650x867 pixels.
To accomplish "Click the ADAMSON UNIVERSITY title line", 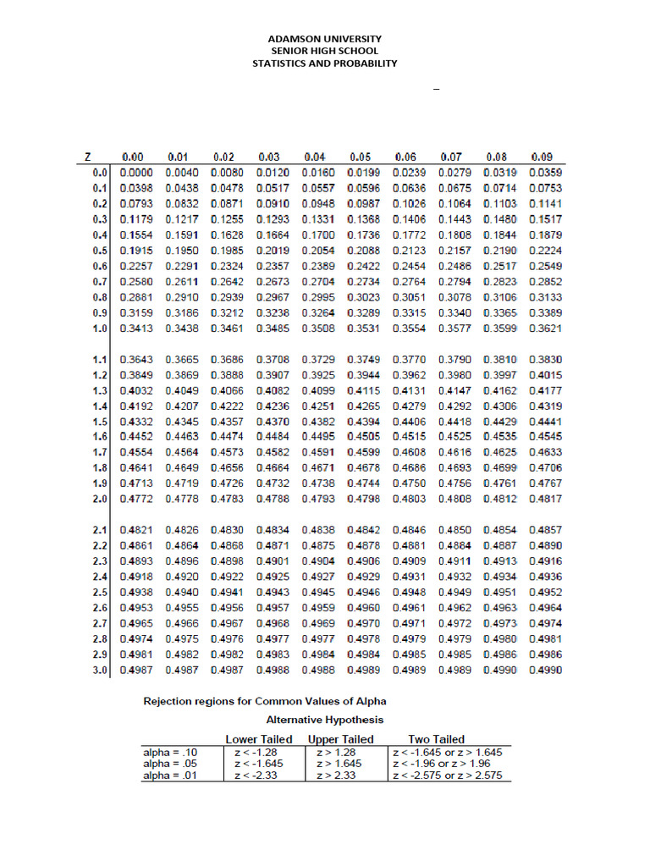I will tap(325, 39).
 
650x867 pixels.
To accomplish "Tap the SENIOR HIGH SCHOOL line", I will tap(325, 51).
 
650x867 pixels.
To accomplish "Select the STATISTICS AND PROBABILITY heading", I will tap(325, 64).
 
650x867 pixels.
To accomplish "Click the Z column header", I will tap(87, 157).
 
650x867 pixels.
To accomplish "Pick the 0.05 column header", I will tap(361, 157).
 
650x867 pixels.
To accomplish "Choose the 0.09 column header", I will tap(542, 157).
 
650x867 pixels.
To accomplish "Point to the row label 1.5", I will tap(99, 422).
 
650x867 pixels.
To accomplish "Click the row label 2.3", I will tap(99, 561).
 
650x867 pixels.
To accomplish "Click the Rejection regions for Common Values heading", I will tap(265, 702).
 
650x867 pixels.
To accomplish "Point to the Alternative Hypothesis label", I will tap(325, 720).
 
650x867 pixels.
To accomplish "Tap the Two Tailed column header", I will tap(437, 739).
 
